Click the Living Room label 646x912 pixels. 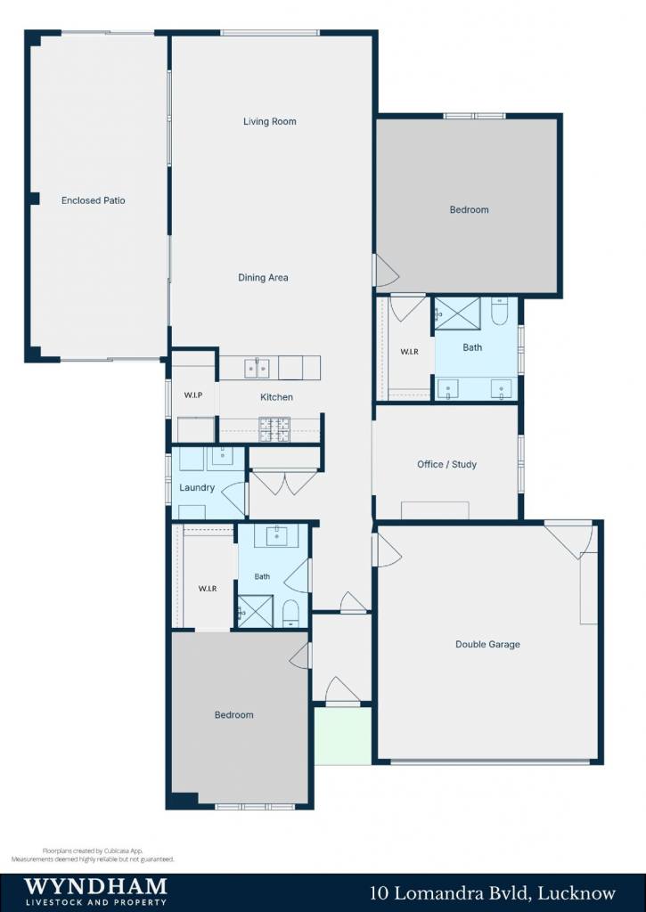click(269, 121)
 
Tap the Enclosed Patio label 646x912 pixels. click(94, 200)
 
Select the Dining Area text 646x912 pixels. click(263, 278)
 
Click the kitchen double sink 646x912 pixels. click(257, 368)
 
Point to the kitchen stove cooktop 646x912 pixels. click(274, 429)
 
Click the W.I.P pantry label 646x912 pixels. click(193, 395)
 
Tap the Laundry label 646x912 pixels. click(197, 487)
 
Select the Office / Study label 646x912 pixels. click(447, 464)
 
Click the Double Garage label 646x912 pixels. click(487, 645)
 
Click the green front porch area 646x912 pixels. click(343, 735)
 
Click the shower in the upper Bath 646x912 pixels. click(457, 313)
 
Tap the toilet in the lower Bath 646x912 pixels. click(290, 614)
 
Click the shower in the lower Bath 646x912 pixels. click(255, 611)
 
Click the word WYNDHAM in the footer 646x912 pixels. click(95, 886)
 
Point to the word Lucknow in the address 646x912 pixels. click(576, 892)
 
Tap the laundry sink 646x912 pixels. click(221, 458)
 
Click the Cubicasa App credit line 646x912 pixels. click(93, 851)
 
